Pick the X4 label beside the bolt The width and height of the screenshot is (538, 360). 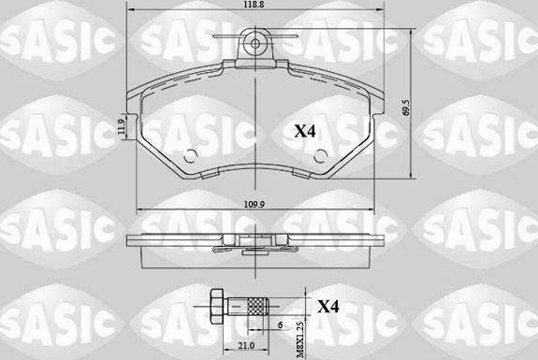[329, 305]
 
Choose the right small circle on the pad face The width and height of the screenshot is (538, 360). [315, 155]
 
